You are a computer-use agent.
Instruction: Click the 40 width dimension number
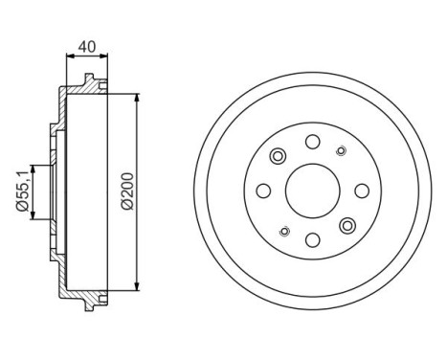click(86, 44)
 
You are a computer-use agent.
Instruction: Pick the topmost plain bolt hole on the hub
click(312, 142)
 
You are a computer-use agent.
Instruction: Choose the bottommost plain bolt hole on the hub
click(312, 239)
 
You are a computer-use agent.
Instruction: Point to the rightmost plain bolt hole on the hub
click(361, 191)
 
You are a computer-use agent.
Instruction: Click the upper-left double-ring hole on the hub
click(279, 156)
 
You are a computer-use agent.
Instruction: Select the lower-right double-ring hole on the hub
click(346, 226)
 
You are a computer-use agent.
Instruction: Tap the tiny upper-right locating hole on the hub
click(341, 150)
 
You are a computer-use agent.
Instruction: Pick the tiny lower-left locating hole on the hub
click(283, 232)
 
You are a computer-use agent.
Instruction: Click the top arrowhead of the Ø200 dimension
click(139, 99)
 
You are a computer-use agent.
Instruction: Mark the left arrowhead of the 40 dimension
click(67, 56)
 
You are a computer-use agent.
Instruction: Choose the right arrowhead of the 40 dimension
click(105, 56)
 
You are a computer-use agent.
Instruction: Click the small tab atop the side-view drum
click(89, 79)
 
